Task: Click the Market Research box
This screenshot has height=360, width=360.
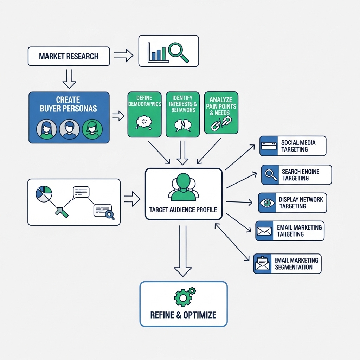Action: [69, 56]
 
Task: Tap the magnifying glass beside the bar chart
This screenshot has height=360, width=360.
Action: [178, 51]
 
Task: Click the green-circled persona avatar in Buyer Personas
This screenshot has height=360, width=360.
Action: [92, 129]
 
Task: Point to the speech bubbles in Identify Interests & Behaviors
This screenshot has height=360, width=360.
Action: [182, 125]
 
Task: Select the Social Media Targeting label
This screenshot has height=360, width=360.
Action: [298, 146]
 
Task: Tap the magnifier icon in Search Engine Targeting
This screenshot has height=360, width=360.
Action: [270, 175]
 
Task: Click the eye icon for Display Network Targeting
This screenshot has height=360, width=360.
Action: [267, 203]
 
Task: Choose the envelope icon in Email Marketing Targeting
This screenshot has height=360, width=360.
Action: [264, 231]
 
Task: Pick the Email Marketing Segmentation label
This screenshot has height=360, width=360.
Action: [296, 264]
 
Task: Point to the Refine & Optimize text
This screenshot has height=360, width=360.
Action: [183, 315]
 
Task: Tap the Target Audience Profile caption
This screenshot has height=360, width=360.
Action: [183, 210]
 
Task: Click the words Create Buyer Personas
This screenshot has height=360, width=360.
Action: [68, 104]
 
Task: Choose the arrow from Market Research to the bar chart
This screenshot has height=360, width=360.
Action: [123, 55]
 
